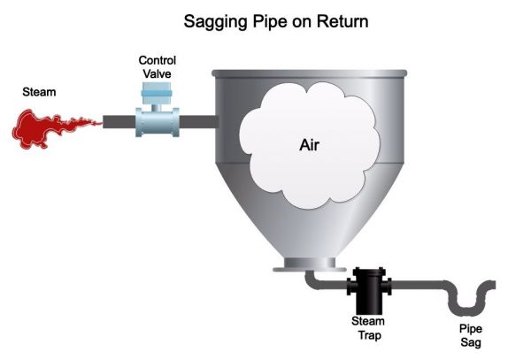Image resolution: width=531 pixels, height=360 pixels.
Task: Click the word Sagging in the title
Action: point(216,21)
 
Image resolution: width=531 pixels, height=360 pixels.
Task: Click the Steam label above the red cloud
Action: point(39,90)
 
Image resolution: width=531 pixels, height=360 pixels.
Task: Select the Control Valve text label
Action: point(157,66)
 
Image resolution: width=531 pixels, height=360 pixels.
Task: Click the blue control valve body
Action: point(157,121)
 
